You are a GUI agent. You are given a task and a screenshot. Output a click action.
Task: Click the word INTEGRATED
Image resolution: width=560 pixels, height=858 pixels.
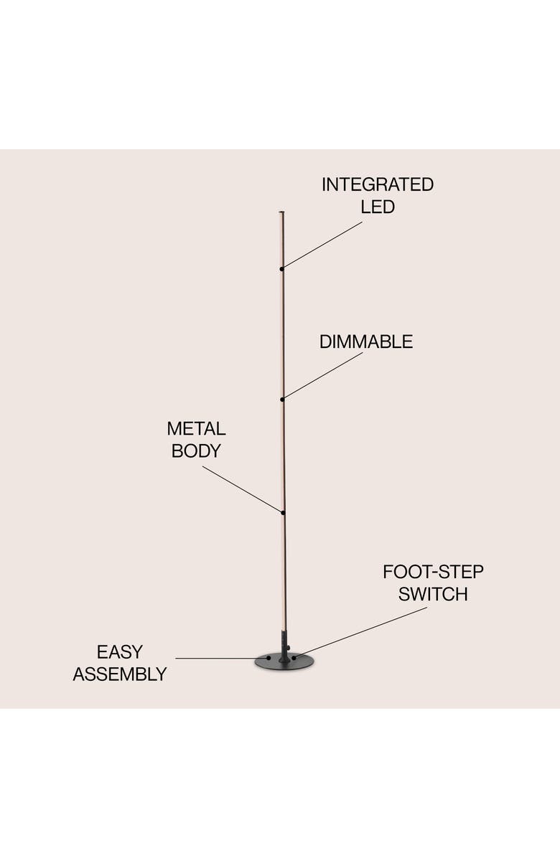tap(377, 184)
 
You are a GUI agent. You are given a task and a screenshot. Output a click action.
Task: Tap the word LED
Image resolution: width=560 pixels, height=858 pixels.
tap(377, 207)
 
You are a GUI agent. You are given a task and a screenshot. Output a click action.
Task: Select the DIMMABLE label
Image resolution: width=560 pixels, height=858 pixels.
tap(366, 342)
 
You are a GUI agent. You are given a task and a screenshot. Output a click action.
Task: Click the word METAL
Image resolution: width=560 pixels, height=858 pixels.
tap(196, 429)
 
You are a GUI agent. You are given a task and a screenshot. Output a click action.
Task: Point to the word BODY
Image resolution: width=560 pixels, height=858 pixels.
tap(196, 452)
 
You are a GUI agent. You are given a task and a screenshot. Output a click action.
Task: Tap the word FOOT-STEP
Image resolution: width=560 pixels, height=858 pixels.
tap(433, 572)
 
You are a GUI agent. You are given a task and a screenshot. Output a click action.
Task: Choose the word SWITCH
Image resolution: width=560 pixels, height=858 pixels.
tap(433, 595)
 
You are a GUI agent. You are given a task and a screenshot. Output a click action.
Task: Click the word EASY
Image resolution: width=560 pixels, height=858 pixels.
tap(120, 652)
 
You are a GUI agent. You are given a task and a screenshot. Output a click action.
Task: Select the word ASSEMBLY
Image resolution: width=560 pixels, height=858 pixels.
tap(120, 675)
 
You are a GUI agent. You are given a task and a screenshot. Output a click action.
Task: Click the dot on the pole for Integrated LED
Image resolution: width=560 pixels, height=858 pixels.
tap(282, 268)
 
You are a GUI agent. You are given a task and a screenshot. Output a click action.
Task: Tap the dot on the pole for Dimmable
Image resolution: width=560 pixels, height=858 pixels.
tap(282, 399)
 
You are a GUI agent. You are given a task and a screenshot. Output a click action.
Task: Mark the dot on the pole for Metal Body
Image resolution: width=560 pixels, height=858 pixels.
tap(284, 512)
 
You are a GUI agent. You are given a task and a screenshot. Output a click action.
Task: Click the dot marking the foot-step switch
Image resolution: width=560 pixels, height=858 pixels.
tap(294, 656)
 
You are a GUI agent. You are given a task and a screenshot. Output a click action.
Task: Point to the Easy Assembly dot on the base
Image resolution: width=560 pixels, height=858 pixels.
tap(269, 658)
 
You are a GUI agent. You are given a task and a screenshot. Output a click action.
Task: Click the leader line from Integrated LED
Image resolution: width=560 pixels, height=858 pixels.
tap(323, 245)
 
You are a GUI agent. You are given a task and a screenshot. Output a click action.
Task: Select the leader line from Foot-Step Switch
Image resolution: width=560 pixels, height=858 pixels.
tap(359, 633)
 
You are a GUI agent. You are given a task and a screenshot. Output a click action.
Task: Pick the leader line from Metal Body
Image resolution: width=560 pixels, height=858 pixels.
tap(244, 489)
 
